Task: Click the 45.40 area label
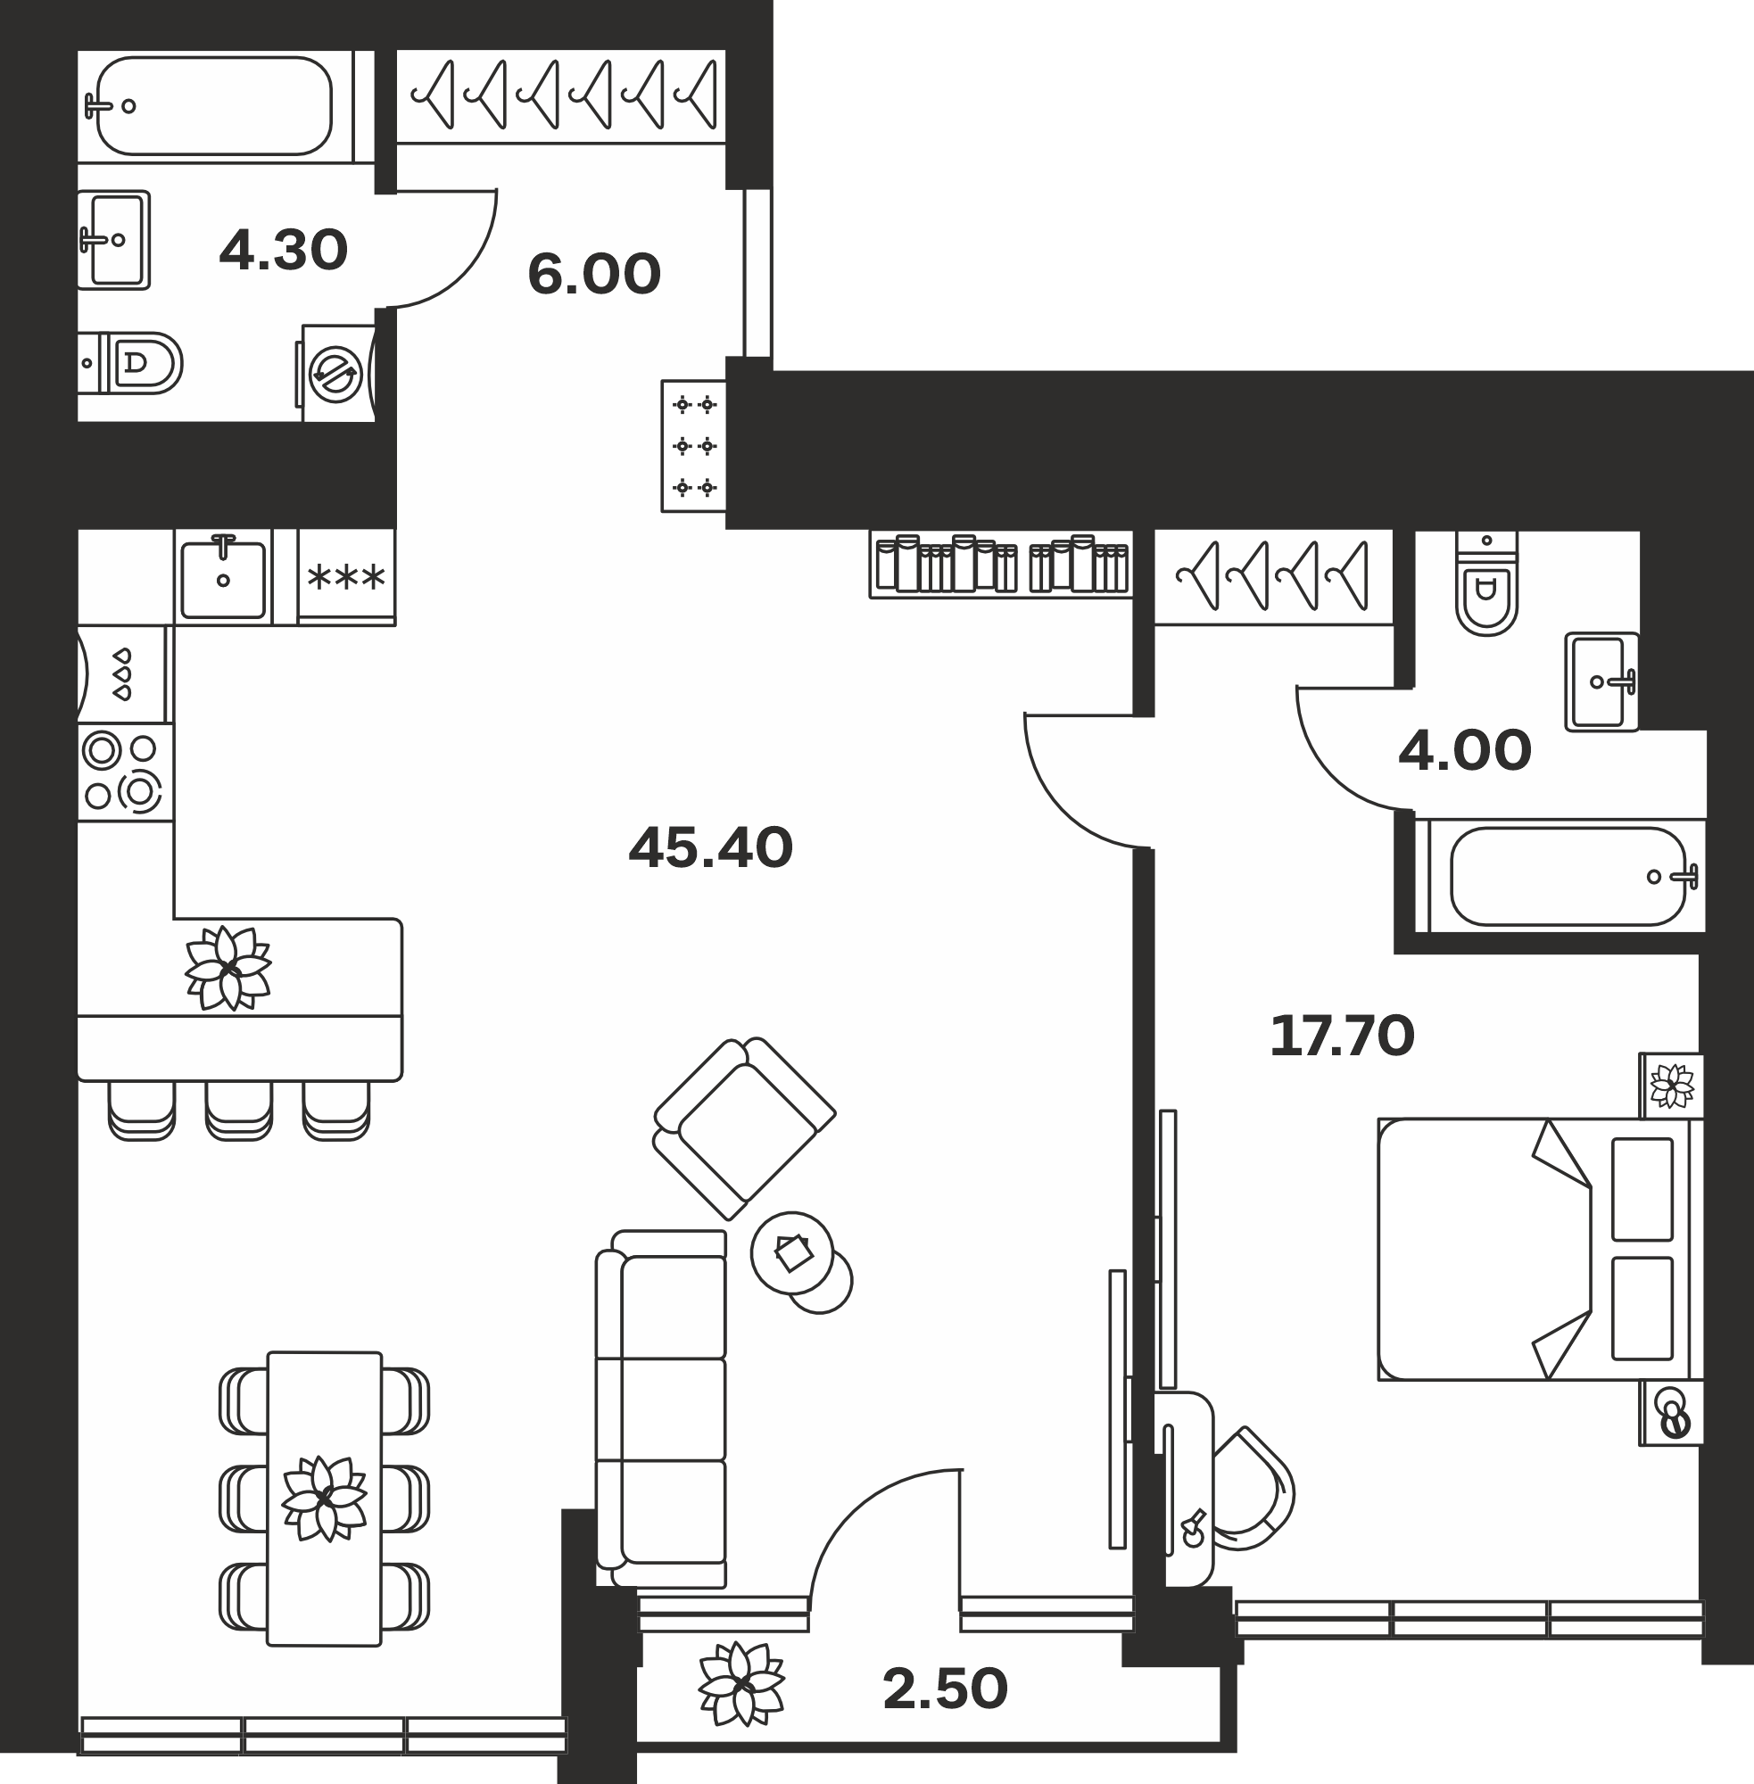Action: pyautogui.click(x=710, y=848)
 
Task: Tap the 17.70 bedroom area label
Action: pyautogui.click(x=1341, y=1037)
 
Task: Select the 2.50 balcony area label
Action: pyautogui.click(x=945, y=1690)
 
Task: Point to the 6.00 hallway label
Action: pyautogui.click(x=594, y=275)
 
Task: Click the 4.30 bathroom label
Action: pyautogui.click(x=284, y=250)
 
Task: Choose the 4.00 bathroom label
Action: pyautogui.click(x=1465, y=751)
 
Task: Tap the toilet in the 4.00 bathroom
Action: pyautogui.click(x=1486, y=583)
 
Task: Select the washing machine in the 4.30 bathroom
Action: pyautogui.click(x=336, y=374)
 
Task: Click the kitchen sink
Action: pyautogui.click(x=223, y=577)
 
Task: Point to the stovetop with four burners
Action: pyautogui.click(x=125, y=772)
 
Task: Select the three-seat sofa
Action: pyautogui.click(x=661, y=1409)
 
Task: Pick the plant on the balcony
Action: pyautogui.click(x=740, y=1684)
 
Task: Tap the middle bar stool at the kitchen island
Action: pyautogui.click(x=238, y=1111)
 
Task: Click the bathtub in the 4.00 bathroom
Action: pyautogui.click(x=1567, y=876)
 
